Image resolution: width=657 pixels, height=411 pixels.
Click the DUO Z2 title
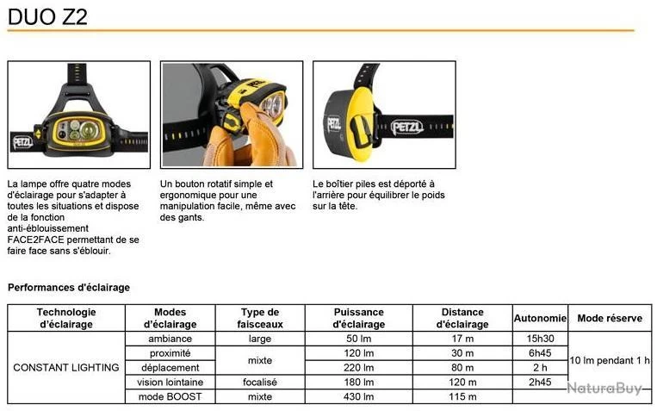pos(47,16)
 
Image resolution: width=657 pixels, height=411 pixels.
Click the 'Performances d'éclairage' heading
pos(69,287)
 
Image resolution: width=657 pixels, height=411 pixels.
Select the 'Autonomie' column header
pos(540,318)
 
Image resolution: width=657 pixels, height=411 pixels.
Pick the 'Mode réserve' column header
pos(610,318)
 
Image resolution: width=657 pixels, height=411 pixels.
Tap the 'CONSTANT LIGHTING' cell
pos(66,368)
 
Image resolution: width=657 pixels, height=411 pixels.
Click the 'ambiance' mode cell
pos(170,339)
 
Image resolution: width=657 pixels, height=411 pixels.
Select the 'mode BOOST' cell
pos(170,396)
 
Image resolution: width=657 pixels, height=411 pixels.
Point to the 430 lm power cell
pos(359,396)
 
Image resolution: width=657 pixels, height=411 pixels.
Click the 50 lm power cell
pos(359,339)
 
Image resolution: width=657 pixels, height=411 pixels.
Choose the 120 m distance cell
pos(462,382)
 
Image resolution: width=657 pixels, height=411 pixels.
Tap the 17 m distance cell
pos(462,339)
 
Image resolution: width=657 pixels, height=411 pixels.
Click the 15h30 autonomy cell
pos(540,339)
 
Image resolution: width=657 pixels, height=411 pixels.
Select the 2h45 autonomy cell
pos(540,382)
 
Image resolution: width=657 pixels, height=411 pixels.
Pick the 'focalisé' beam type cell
pos(260,382)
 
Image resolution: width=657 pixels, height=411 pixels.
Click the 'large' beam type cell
pos(260,339)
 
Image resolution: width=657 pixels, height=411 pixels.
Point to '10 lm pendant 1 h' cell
pos(610,360)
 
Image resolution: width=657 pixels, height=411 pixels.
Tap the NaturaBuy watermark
pos(604,389)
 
